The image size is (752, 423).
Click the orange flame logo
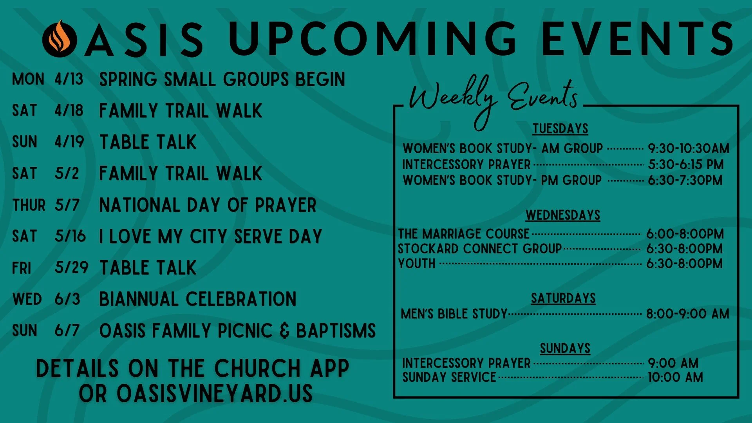click(x=60, y=38)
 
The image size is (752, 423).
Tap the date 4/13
click(x=69, y=79)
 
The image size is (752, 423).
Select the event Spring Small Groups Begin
click(x=222, y=80)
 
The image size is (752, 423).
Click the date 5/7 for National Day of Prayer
click(x=67, y=205)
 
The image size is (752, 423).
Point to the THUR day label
click(x=29, y=205)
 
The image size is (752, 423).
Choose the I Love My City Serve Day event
click(x=211, y=237)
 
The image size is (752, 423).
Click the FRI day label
click(x=22, y=268)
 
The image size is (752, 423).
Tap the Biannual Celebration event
click(x=198, y=300)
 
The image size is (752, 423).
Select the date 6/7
click(x=67, y=331)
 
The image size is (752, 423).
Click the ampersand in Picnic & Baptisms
click(x=285, y=331)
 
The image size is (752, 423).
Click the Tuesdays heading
click(x=560, y=128)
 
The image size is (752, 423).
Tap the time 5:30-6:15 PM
click(x=685, y=164)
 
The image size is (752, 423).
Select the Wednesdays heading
click(x=563, y=215)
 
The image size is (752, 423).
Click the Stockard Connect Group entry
click(x=480, y=249)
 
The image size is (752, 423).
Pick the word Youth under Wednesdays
click(x=417, y=264)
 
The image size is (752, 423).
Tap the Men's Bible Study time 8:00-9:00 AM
click(x=687, y=314)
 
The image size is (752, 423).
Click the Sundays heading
click(x=565, y=348)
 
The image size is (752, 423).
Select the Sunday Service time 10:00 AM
click(x=675, y=377)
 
